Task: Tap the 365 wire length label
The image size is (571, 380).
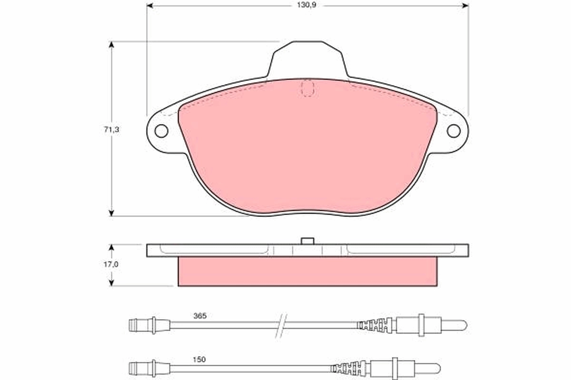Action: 199,315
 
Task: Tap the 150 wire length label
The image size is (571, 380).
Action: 199,360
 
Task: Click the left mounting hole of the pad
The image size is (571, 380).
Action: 161,131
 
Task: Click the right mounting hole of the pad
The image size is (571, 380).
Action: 453,131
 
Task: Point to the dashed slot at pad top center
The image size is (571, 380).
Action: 308,88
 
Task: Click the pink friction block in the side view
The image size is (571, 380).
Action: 307,272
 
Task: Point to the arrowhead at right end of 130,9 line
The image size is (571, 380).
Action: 465,5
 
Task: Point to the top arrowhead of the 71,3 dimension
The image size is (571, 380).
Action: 112,45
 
